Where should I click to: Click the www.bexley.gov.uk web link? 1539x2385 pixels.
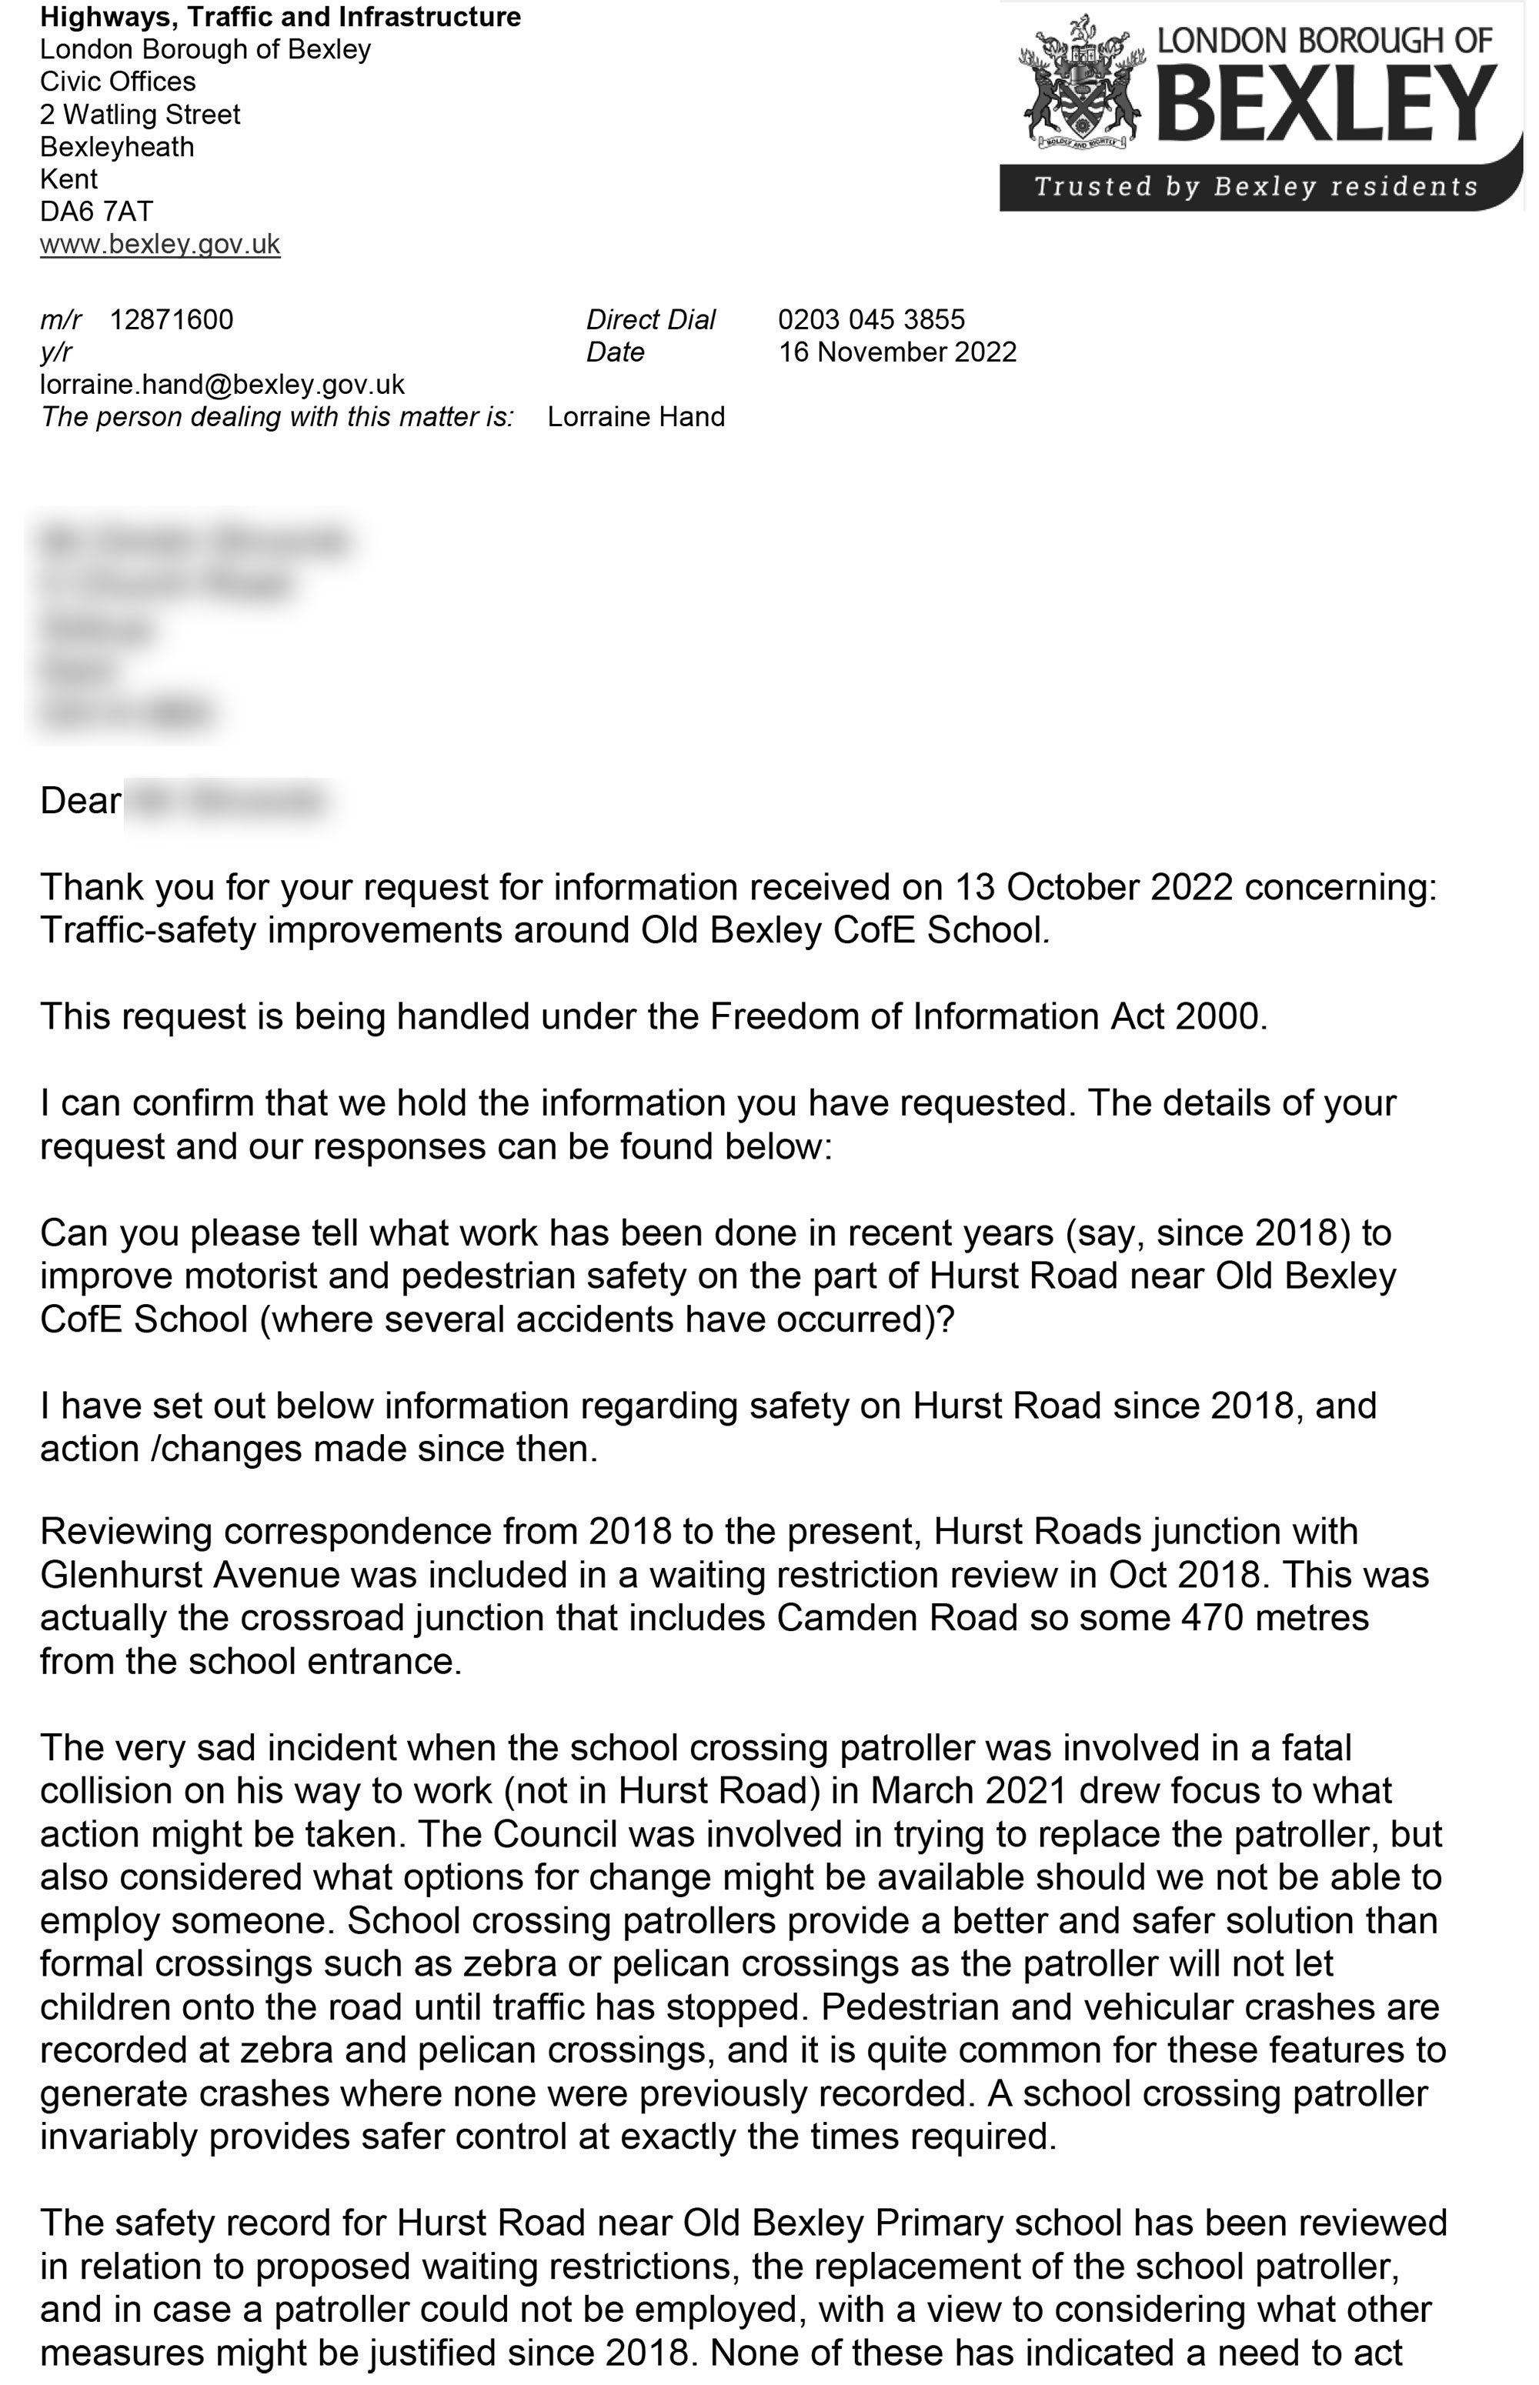pos(160,245)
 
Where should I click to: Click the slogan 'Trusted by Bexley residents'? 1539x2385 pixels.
pos(1255,187)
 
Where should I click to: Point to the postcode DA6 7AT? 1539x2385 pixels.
pos(96,212)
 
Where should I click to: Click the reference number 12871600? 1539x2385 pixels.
pos(171,320)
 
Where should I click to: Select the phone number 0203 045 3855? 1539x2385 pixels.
pos(870,320)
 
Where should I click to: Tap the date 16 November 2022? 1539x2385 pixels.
pos(896,352)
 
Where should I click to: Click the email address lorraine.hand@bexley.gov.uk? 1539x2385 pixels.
pos(222,385)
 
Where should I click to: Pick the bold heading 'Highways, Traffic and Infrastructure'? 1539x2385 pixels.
pos(280,17)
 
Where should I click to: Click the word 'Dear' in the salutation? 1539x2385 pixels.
pos(80,802)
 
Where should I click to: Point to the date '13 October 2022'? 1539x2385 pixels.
pos(1093,887)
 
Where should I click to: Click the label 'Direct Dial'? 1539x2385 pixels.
pos(650,320)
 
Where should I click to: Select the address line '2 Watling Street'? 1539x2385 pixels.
pos(140,115)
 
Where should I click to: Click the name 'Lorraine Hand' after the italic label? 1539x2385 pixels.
pos(636,417)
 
